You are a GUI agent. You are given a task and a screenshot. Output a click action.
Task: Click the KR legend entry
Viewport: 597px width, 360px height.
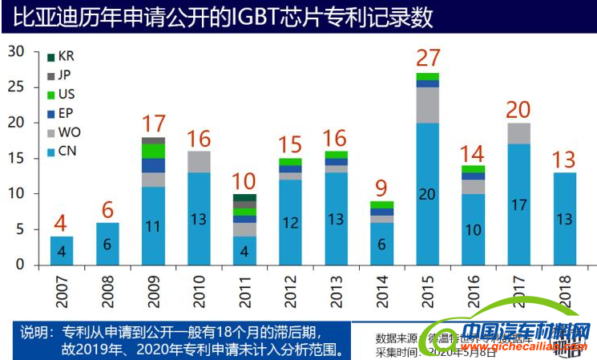(x=62, y=58)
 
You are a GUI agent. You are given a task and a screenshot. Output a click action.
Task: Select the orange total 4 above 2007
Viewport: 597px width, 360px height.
(x=61, y=222)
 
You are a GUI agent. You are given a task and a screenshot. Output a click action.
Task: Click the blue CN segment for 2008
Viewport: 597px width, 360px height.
(x=107, y=244)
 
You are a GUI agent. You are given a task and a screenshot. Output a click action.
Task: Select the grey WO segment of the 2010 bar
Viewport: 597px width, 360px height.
(x=199, y=162)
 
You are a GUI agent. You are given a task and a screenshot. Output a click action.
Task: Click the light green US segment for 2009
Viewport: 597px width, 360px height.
(x=153, y=151)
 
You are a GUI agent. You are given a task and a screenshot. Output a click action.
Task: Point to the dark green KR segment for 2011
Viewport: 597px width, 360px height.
(x=244, y=197)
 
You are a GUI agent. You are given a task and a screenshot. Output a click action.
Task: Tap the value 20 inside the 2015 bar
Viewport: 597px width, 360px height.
(x=427, y=194)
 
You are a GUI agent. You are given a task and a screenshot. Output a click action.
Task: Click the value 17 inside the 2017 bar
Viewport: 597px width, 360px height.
(x=518, y=205)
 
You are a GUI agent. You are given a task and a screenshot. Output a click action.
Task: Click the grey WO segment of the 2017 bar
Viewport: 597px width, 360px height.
(x=518, y=133)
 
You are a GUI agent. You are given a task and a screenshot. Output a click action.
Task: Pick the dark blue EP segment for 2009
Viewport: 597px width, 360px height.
(x=153, y=166)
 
